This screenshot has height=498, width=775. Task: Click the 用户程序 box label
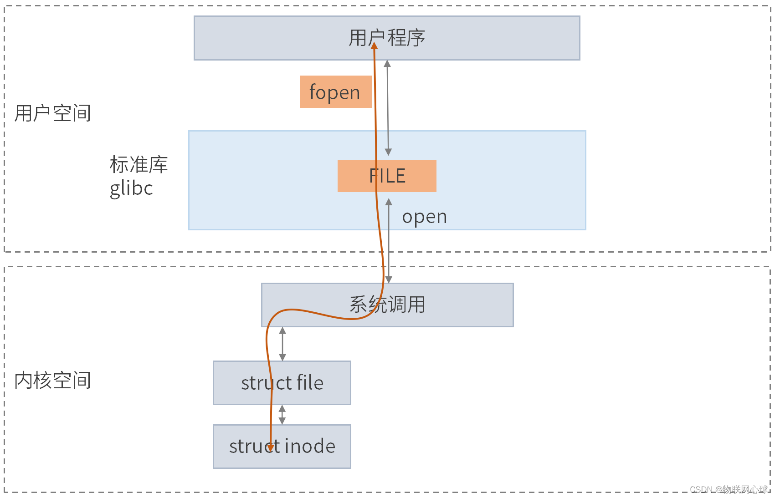tap(387, 38)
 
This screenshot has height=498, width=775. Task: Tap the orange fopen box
tap(336, 92)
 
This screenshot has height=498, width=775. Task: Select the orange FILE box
tap(387, 176)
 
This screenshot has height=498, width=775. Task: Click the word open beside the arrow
tap(424, 217)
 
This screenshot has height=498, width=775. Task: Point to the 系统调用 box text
tap(387, 305)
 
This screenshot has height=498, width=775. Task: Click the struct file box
tap(282, 383)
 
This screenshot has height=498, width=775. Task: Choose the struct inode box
tap(282, 446)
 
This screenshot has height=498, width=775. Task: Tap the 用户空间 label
tap(52, 113)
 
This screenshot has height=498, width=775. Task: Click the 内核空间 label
tap(52, 380)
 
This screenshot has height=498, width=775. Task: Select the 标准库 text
tap(139, 164)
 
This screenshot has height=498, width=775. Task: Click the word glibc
tap(131, 188)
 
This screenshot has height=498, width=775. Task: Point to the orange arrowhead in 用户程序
tap(374, 45)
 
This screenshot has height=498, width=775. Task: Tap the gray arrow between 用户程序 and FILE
tap(388, 108)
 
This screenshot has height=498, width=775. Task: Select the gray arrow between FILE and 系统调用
tap(389, 241)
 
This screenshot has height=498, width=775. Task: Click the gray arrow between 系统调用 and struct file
tap(282, 344)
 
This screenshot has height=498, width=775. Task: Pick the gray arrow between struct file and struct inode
tap(282, 415)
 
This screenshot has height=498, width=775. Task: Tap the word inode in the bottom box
tap(310, 446)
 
